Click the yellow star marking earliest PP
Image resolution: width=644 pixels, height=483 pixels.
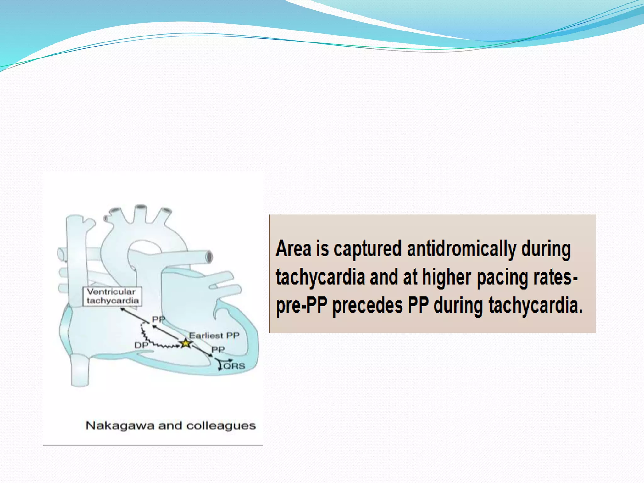(186, 343)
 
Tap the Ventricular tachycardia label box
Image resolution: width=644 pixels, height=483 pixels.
(112, 296)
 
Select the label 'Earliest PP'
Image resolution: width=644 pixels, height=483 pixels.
(214, 336)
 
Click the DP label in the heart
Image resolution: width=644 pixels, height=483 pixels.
(141, 345)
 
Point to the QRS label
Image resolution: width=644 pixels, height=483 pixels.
(234, 366)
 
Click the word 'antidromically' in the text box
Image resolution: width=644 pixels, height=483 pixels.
(461, 249)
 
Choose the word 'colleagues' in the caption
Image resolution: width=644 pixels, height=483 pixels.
(221, 426)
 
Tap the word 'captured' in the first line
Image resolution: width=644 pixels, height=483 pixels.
(367, 249)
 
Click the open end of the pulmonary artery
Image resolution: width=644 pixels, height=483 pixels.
(209, 257)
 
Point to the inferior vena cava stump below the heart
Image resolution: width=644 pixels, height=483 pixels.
(80, 371)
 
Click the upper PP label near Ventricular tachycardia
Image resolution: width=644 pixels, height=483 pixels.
(158, 319)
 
